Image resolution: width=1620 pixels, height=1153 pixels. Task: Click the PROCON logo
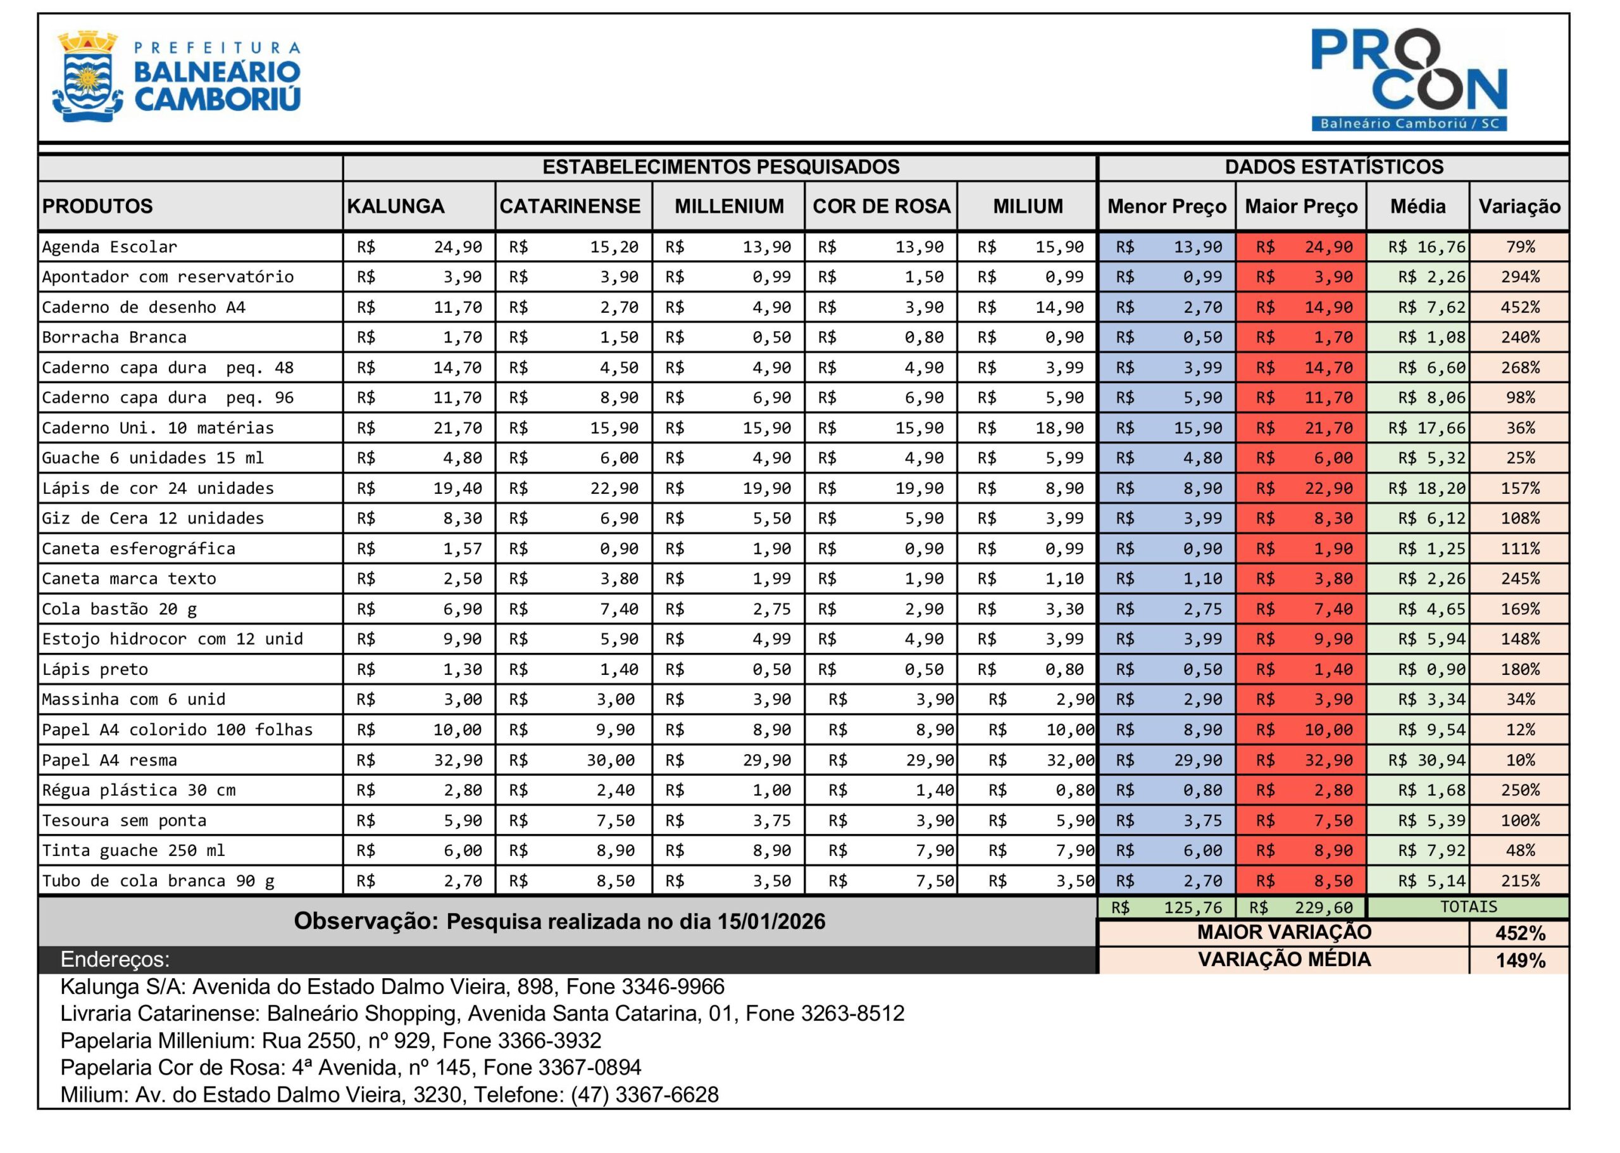tap(1409, 79)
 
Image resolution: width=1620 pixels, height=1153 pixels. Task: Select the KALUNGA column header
tap(396, 206)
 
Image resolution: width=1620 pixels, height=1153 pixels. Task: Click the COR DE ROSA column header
tap(881, 206)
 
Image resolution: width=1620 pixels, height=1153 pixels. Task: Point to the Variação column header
tap(1519, 206)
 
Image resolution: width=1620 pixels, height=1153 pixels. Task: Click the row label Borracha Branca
tap(115, 337)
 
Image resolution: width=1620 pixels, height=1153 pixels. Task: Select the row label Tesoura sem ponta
tap(124, 821)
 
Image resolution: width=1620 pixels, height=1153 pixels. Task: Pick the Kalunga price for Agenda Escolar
tap(458, 247)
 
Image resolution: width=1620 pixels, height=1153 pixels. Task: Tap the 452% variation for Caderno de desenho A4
tap(1520, 308)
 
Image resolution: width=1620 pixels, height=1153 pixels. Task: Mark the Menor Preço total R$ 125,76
tap(1193, 907)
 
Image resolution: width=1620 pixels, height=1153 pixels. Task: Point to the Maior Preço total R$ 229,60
tap(1323, 907)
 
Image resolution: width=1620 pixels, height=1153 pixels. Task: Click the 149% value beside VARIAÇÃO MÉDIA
tap(1520, 961)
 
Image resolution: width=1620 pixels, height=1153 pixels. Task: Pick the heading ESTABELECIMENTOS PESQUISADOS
tap(720, 167)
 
